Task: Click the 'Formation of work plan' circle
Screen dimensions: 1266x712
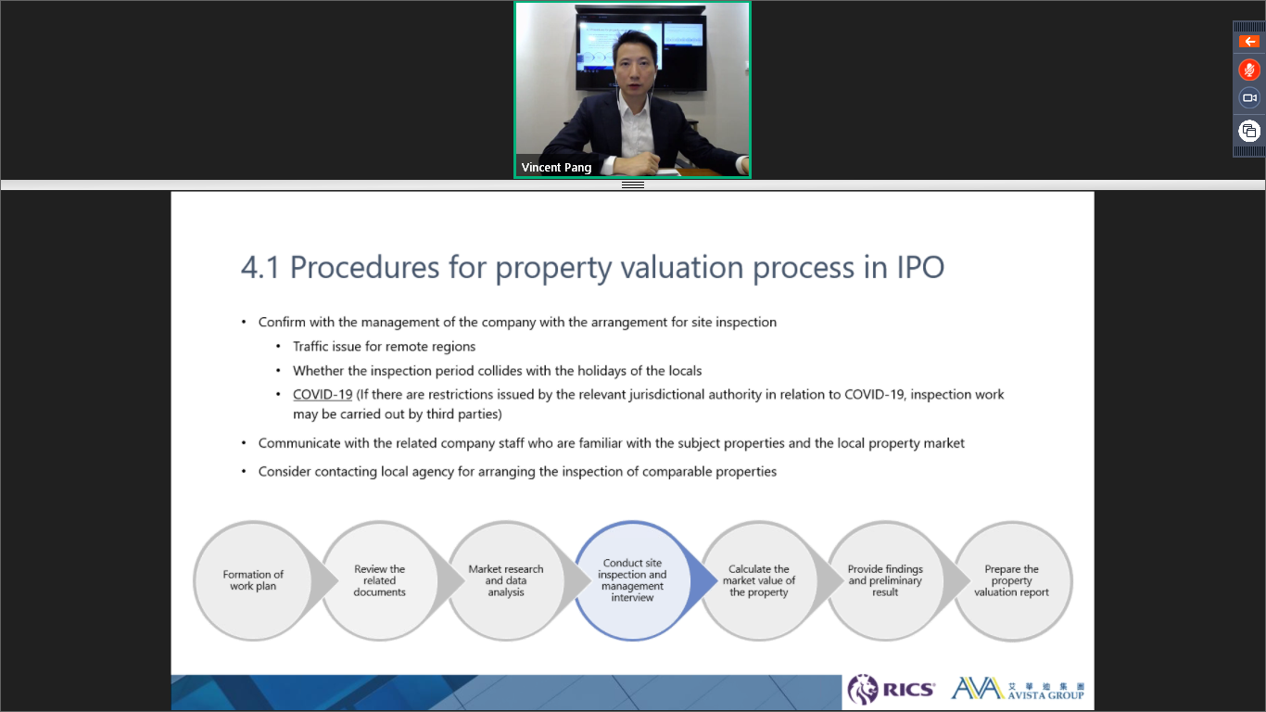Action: [253, 580]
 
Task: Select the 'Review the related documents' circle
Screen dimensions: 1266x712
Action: [379, 580]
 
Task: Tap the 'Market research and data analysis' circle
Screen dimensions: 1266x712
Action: [506, 580]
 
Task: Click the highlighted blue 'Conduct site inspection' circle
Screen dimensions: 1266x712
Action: [632, 580]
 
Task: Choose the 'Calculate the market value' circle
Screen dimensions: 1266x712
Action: [758, 580]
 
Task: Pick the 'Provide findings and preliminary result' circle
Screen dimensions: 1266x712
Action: [885, 580]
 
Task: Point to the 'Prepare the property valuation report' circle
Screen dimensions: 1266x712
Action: [1012, 580]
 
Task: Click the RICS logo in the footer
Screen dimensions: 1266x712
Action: [891, 690]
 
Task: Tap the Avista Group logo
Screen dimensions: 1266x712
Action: [1018, 689]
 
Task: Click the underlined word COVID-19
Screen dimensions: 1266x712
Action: [323, 395]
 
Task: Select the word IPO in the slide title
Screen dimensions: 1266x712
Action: [920, 268]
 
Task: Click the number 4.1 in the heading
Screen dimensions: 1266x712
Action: [260, 268]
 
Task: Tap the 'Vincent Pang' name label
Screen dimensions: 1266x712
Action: [556, 168]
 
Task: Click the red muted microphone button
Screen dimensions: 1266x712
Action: [1249, 70]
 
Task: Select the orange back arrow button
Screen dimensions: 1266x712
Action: [1249, 42]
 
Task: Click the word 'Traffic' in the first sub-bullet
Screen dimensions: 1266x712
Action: [310, 347]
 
